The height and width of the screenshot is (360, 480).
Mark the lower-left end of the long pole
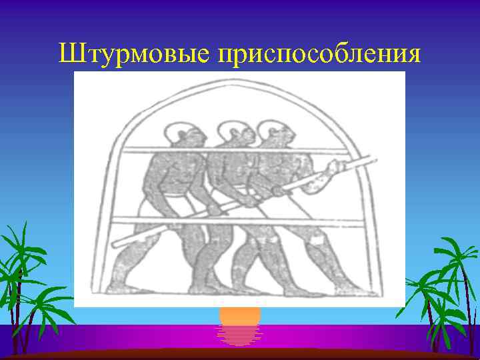point(115,244)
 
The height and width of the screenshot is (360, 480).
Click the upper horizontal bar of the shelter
point(240,151)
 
